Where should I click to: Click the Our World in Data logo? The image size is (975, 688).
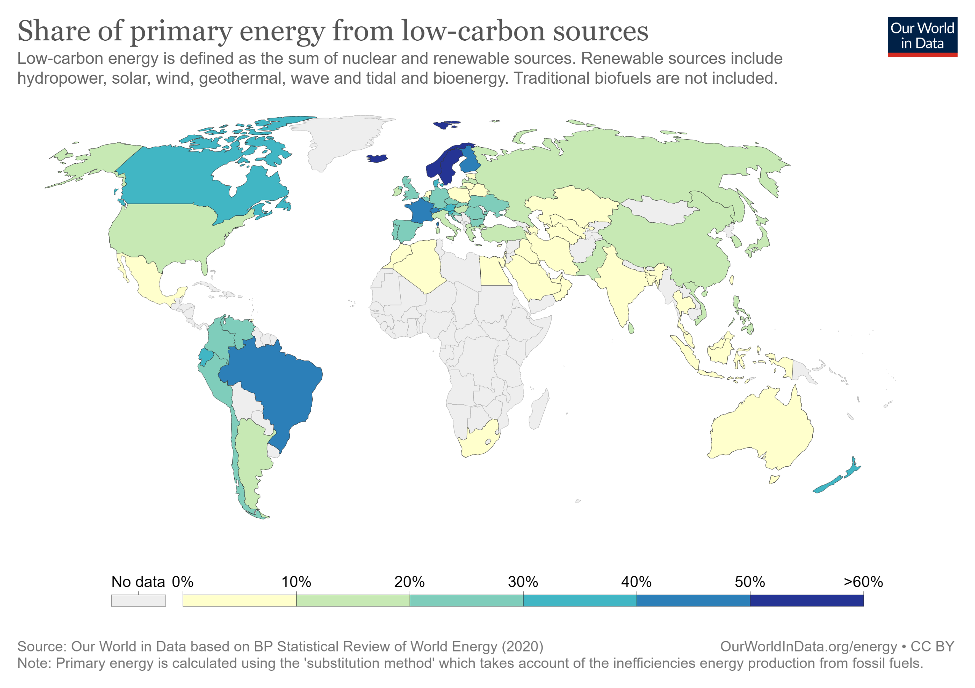922,37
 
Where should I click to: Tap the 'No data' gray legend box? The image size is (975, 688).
138,600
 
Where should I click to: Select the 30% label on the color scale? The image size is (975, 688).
523,581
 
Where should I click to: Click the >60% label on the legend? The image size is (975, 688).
863,581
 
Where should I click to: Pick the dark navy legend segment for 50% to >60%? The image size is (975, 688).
806,600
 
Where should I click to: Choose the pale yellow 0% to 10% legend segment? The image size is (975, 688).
239,600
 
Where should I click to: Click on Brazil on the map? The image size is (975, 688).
272,382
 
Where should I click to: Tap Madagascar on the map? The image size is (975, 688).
539,410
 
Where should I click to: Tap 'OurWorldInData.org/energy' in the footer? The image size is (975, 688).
808,646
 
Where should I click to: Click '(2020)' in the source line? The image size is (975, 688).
522,646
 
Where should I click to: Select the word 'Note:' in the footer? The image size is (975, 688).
34,663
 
